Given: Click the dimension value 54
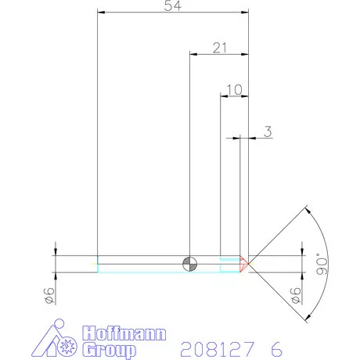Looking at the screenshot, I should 172,6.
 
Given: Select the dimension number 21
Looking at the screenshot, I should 219,48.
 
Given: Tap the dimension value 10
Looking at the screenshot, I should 233,89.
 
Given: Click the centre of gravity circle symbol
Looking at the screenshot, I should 189,263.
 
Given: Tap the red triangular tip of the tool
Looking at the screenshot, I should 244,264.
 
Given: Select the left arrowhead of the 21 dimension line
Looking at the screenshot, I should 194,54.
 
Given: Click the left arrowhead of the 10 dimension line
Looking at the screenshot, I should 223,95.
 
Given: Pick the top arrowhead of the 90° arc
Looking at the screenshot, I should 308,210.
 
